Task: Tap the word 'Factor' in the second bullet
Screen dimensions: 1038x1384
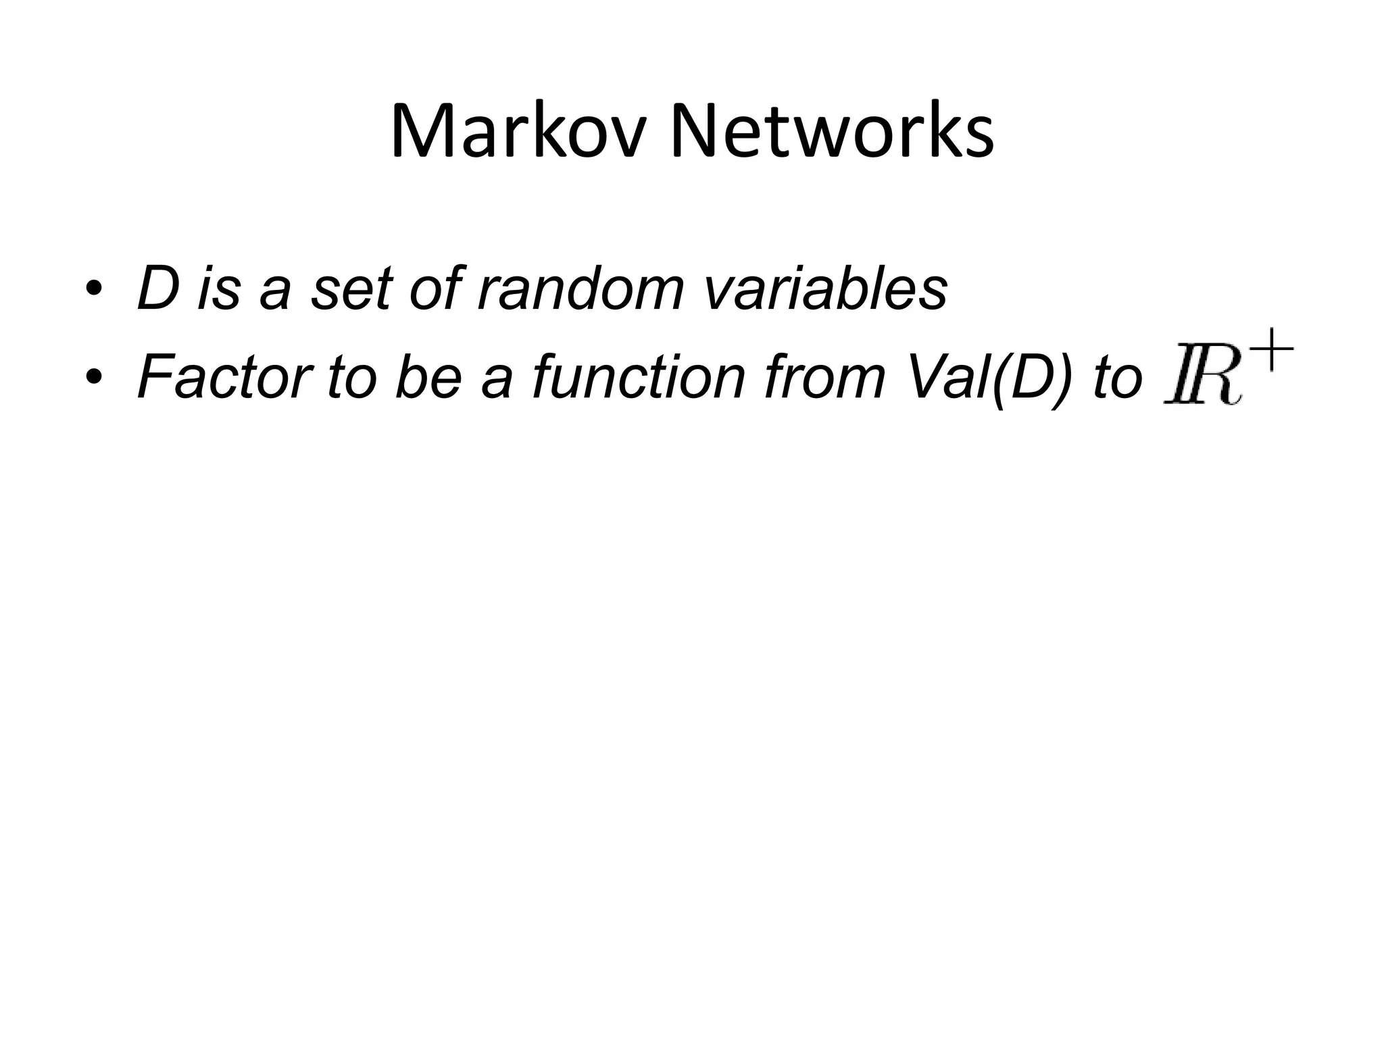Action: [x=224, y=377]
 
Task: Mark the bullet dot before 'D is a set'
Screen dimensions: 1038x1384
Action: [x=94, y=291]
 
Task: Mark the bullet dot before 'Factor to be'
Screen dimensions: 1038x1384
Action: [x=94, y=378]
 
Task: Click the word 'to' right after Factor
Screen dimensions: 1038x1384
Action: [x=351, y=377]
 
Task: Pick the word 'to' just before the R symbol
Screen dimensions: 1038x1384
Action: [x=1117, y=377]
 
